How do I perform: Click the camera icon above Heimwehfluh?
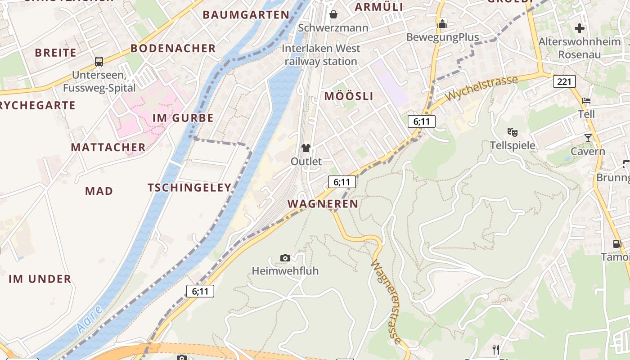pos(285,258)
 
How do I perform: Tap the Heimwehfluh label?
pos(285,271)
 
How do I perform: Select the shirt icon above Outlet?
pos(306,148)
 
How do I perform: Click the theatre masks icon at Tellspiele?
pos(512,132)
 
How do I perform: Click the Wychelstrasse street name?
pos(481,88)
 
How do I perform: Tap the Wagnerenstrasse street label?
pos(386,301)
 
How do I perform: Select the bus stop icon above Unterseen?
pos(99,62)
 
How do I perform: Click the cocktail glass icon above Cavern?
pos(588,138)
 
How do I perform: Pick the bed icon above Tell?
pos(586,100)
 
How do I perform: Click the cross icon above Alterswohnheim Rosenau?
pos(580,28)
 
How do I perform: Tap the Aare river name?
pos(89,320)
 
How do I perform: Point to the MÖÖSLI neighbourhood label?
pos(349,96)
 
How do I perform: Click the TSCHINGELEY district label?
pos(189,188)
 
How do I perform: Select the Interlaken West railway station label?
pos(321,55)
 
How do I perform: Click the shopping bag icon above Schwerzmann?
pos(333,14)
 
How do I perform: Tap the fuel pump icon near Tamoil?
pos(617,244)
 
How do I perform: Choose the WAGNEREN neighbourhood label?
pos(323,204)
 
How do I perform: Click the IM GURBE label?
pos(183,118)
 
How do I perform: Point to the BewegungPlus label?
pos(442,37)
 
